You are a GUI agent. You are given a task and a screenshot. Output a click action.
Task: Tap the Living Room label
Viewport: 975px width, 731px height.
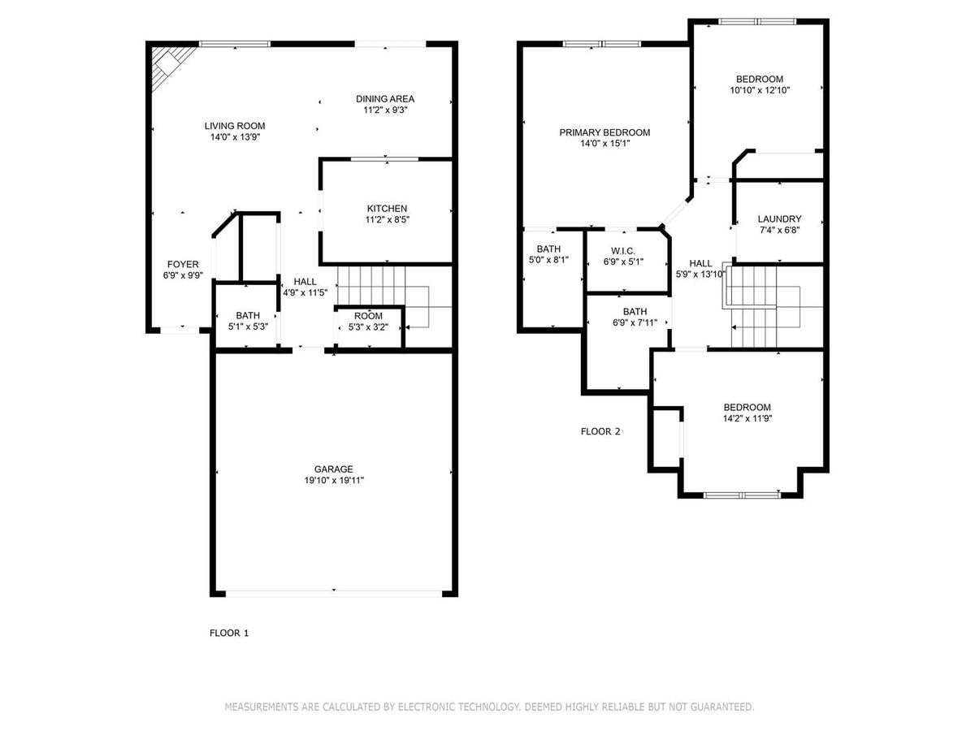[235, 126]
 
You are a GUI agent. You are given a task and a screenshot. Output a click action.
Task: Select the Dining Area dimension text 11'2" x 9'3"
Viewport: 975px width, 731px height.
[385, 110]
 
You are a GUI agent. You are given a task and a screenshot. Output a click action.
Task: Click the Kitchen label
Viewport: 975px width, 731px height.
[387, 209]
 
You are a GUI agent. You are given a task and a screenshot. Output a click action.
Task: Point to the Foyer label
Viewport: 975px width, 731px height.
[183, 265]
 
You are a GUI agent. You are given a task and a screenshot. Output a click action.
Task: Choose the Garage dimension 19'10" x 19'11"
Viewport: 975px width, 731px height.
[334, 480]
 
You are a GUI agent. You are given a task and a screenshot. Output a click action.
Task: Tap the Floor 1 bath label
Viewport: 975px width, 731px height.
[248, 316]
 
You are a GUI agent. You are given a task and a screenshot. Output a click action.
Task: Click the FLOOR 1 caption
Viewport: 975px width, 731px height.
[229, 634]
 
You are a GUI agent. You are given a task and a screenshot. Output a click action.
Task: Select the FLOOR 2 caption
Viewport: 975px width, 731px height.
[600, 431]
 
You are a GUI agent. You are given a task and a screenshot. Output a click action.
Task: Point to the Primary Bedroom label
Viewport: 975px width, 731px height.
[604, 132]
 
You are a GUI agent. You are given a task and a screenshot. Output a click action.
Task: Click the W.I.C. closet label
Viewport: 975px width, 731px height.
[623, 251]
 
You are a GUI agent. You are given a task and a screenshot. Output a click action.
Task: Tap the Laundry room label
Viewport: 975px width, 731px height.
[779, 219]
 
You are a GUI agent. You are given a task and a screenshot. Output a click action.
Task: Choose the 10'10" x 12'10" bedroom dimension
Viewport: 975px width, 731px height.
[760, 90]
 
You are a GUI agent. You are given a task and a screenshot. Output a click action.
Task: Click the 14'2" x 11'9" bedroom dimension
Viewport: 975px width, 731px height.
[747, 418]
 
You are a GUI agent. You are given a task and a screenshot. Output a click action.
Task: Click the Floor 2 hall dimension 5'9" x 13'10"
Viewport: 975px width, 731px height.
[700, 275]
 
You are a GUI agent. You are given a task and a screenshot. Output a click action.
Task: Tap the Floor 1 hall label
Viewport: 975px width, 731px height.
[305, 282]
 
